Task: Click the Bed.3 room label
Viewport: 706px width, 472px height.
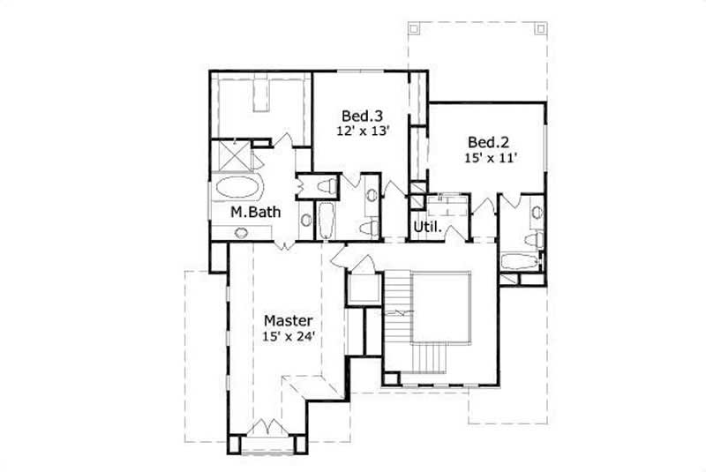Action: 362,115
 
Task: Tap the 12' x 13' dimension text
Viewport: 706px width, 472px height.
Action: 363,131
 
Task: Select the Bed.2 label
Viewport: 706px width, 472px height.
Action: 489,141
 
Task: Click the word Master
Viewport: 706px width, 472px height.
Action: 288,319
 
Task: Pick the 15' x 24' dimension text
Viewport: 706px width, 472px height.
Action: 289,335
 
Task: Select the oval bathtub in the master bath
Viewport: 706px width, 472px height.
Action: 238,188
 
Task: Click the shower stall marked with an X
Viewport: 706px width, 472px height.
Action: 232,160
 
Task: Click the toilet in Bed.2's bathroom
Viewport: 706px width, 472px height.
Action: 531,238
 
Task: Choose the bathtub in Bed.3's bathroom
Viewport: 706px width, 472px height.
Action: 326,221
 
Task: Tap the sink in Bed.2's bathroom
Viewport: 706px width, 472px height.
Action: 535,211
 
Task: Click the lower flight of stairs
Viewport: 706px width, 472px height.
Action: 432,358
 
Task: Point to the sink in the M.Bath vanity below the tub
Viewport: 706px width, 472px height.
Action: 241,232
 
